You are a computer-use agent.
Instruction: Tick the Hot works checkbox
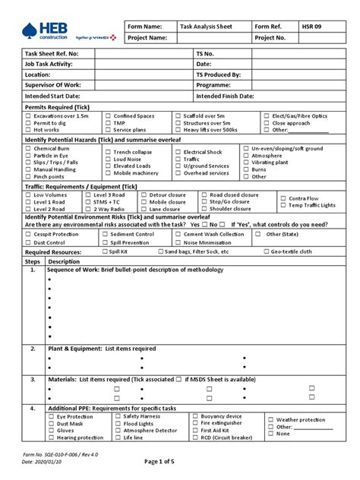point(28,130)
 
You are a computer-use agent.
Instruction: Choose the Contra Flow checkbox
point(283,198)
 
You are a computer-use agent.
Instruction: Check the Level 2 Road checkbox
point(28,209)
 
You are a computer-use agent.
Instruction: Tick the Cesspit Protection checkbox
point(28,235)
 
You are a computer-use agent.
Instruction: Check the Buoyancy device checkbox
point(195,416)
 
